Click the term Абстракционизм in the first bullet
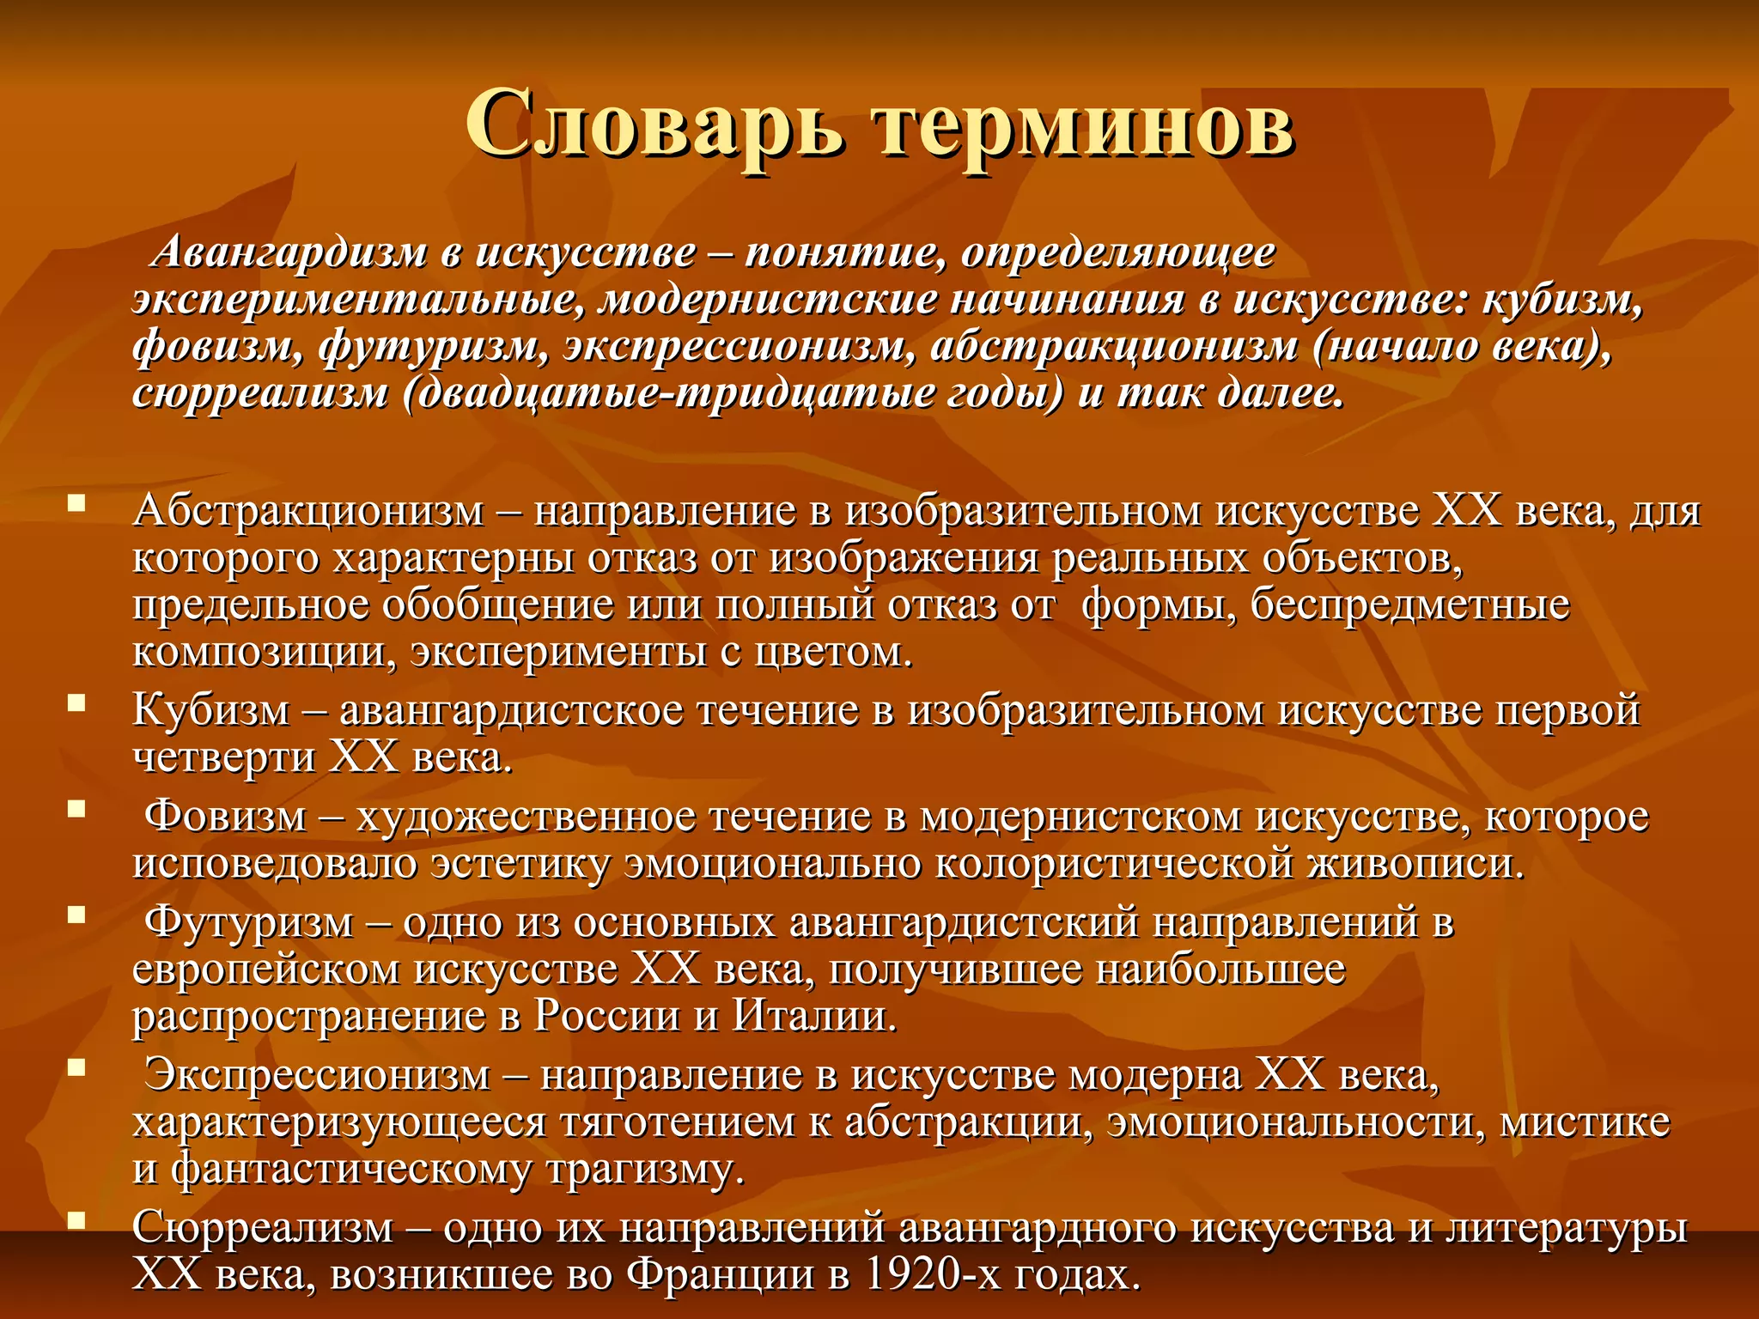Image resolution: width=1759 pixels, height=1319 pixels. coord(308,512)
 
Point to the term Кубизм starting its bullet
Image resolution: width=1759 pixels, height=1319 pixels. coord(211,711)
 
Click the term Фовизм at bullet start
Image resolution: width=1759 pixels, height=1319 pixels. coord(225,816)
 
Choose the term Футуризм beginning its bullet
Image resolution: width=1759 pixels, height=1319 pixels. coord(249,923)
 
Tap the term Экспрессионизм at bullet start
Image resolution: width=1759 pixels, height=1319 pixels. coord(317,1075)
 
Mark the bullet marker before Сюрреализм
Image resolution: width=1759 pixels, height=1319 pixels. coord(77,1219)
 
